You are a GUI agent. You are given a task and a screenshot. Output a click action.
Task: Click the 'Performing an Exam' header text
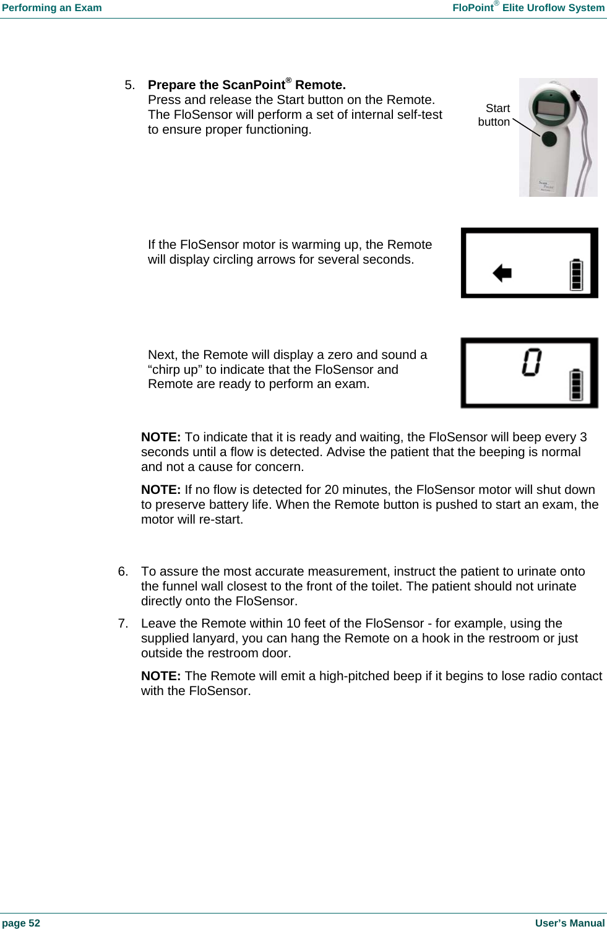(x=52, y=8)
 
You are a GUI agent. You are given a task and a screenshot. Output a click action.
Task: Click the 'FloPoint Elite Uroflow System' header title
(x=528, y=8)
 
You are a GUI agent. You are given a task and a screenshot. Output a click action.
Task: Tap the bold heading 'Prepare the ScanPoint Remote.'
(x=246, y=85)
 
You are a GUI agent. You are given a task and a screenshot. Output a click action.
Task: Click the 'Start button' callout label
(x=494, y=115)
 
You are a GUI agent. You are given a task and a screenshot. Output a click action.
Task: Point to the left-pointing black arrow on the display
(x=502, y=272)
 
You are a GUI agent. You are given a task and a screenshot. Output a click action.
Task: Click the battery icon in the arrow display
(x=576, y=275)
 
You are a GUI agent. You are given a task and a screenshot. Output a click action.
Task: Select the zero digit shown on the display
(x=531, y=362)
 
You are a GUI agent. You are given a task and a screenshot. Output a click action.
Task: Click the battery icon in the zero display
(x=576, y=384)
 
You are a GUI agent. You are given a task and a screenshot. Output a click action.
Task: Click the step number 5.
(x=129, y=85)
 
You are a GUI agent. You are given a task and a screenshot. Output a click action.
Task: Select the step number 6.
(x=123, y=571)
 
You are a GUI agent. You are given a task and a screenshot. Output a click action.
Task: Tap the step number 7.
(x=123, y=623)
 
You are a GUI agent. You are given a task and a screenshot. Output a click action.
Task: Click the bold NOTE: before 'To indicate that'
(x=161, y=437)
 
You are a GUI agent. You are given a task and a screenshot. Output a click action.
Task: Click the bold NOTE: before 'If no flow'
(x=161, y=490)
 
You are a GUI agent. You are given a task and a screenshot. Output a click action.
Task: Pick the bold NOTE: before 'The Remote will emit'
(x=161, y=676)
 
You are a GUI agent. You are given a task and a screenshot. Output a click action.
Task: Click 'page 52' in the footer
(x=21, y=923)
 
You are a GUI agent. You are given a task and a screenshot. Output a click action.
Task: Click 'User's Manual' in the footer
(x=569, y=923)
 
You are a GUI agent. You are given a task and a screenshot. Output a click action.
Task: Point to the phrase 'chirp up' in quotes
(x=176, y=369)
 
